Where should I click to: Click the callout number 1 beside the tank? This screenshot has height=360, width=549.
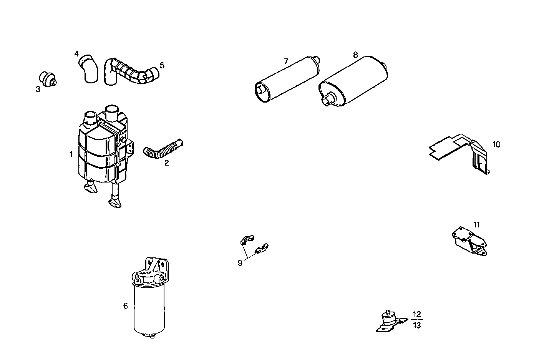(x=71, y=154)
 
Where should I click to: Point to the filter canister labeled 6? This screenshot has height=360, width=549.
(x=149, y=307)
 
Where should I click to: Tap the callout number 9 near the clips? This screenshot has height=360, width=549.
(x=240, y=263)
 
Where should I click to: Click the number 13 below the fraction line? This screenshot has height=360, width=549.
(x=417, y=325)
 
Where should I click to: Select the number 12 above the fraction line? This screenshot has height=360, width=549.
(x=417, y=314)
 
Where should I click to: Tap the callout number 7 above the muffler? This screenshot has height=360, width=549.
(x=285, y=61)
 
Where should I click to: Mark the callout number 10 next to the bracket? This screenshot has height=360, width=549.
(x=496, y=144)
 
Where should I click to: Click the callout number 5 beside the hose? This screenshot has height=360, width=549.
(x=162, y=65)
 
